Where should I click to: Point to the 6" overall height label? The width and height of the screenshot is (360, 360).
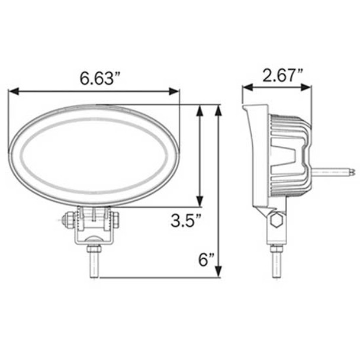point(206,260)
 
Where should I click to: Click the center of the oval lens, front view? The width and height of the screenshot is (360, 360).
point(95,156)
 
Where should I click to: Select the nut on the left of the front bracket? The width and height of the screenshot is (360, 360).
point(70,220)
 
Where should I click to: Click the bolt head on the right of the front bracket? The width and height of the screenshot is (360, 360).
point(115,219)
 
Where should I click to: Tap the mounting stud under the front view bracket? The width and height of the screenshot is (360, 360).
point(94,261)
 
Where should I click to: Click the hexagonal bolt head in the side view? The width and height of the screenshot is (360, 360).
point(275,222)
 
